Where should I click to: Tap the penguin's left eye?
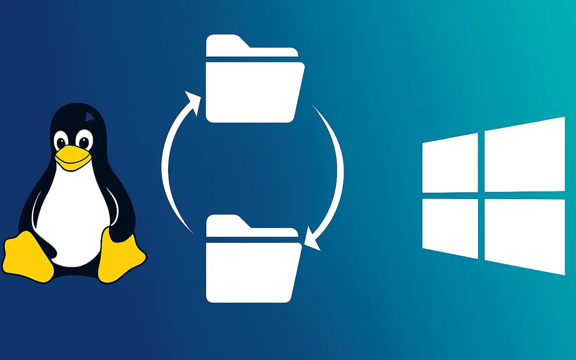point(62,140)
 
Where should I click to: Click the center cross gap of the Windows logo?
point(481,195)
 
